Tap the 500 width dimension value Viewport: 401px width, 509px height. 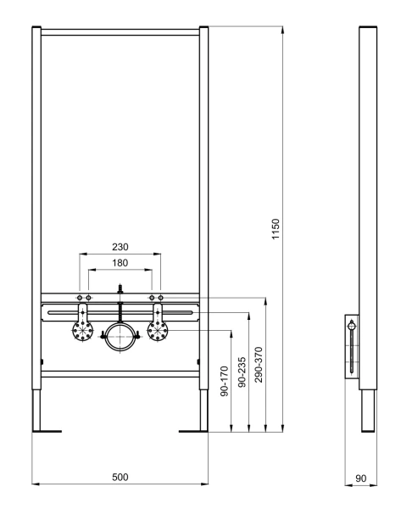coord(120,478)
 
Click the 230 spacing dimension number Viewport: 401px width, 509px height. coord(120,246)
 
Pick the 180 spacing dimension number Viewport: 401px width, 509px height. coord(120,264)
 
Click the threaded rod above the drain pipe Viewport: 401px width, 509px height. coord(120,291)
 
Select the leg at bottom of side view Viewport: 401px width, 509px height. coord(365,411)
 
